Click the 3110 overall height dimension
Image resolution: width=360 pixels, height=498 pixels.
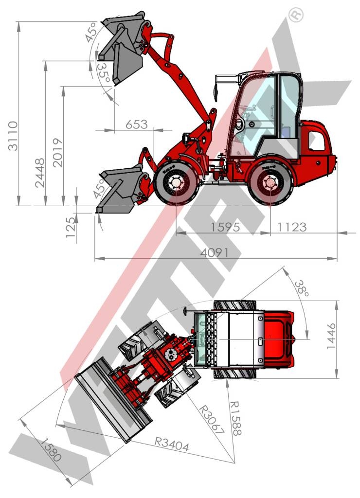coord(13,136)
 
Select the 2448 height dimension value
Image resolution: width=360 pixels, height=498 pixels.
coord(40,173)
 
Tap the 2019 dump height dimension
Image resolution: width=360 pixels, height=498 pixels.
coord(58,152)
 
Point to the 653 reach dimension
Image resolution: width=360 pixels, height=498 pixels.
coord(137,124)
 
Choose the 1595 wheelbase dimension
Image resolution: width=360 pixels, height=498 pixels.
coord(225,227)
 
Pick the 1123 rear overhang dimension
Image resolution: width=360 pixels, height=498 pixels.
coord(292,227)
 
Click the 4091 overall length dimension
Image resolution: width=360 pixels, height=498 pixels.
coord(215,253)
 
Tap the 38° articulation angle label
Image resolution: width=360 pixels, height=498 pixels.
coord(301,288)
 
